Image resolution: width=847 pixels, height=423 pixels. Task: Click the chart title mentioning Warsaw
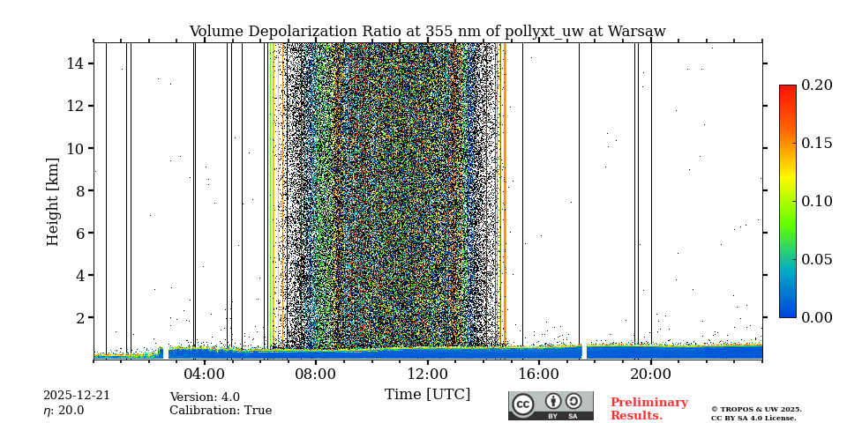tap(427, 32)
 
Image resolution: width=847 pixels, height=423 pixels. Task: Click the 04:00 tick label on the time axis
tap(205, 373)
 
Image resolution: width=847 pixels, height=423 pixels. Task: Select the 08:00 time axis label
tap(316, 373)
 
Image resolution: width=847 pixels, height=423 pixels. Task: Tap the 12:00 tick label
tap(428, 373)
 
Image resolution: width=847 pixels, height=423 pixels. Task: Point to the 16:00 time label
tap(539, 373)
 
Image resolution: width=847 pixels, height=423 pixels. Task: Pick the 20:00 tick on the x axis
tap(651, 373)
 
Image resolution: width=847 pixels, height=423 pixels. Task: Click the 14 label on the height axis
tap(74, 63)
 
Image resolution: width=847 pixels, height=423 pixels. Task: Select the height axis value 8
tap(79, 190)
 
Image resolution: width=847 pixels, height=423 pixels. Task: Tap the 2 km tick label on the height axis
tap(79, 317)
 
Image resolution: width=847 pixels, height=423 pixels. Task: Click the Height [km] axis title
tap(53, 201)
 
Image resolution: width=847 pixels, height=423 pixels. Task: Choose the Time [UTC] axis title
tap(427, 394)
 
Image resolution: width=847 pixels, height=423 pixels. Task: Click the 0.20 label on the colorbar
tap(816, 85)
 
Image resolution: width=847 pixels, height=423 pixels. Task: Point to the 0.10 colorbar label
tap(816, 201)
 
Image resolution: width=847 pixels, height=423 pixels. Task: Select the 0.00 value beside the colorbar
tap(816, 317)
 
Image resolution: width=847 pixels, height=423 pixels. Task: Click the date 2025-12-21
tap(77, 396)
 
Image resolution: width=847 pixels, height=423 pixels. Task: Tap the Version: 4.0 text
tap(205, 397)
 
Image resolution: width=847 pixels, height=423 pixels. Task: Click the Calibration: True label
tap(221, 411)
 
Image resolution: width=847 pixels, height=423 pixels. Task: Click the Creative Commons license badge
tap(551, 405)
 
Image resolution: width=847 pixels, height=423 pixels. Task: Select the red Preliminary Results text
tap(648, 409)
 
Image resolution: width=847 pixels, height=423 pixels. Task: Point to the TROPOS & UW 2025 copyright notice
tap(756, 410)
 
